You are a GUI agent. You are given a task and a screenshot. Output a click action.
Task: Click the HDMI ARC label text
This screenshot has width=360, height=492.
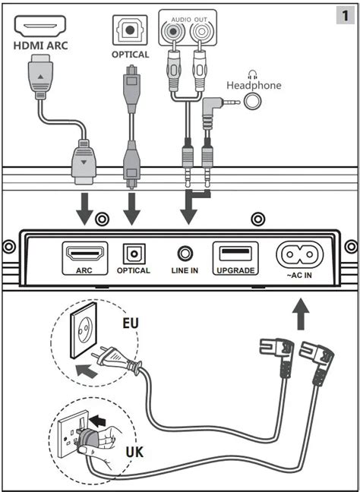point(40,46)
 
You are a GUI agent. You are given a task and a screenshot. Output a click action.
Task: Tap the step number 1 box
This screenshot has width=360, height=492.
point(346,15)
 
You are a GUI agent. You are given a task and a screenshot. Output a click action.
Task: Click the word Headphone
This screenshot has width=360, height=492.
point(254,85)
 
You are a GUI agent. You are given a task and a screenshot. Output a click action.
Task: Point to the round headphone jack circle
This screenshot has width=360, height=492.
point(253,102)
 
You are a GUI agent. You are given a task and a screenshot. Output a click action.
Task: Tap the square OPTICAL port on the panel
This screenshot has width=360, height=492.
point(134,254)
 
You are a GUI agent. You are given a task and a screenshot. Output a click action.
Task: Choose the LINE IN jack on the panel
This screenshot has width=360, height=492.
point(185,254)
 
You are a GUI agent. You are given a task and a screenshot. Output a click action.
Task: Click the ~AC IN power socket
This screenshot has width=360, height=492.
point(300,254)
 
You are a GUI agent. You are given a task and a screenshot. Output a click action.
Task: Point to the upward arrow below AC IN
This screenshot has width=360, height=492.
point(301,314)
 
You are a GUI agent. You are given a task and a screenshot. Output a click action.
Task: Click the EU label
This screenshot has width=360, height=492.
point(131,323)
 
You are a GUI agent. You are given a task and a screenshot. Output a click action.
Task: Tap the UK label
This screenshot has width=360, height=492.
point(134,453)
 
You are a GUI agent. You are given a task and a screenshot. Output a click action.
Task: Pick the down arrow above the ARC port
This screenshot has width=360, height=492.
point(85,209)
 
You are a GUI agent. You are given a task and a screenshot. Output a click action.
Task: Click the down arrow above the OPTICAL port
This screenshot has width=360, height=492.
point(132,209)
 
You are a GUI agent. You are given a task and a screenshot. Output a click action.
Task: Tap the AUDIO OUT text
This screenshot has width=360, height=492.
point(189,20)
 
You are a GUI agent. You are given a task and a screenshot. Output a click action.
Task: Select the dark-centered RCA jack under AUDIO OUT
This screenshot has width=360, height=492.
point(172,32)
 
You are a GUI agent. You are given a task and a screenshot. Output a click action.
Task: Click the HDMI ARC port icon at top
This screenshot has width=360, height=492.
point(40,25)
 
